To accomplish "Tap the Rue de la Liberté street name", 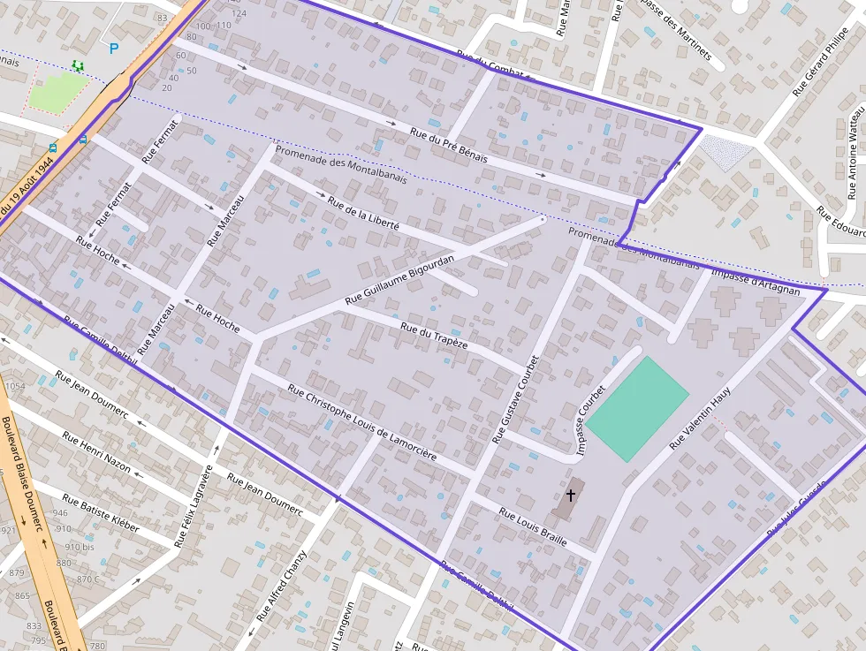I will pos(363,214).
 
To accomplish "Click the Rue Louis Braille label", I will pos(533,526).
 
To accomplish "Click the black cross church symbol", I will pos(571,495).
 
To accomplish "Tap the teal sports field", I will pos(637,409).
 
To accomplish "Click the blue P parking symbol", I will pos(113,49).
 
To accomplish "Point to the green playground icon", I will pos(78,65).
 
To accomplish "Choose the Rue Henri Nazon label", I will pos(96,451).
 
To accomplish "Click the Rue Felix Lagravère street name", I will pos(194,506).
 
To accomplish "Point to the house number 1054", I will pos(15,386).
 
